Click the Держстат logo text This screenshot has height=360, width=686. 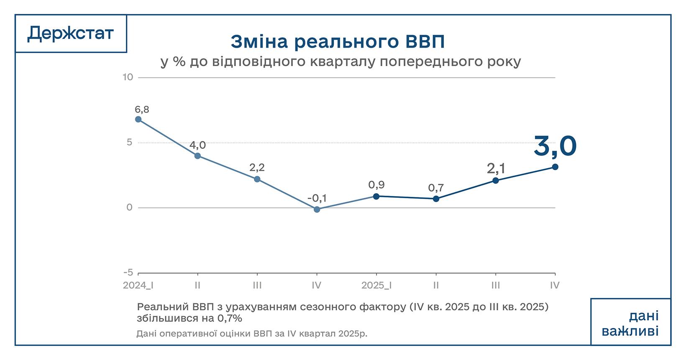coord(70,33)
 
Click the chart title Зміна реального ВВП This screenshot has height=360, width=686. coord(337,42)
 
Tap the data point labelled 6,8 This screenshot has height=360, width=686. coord(138,119)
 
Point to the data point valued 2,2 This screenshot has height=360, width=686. coord(257,179)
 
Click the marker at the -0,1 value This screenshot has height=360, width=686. coord(317,209)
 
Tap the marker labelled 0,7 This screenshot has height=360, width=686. coord(436,199)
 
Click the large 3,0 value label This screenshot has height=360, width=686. coord(555,146)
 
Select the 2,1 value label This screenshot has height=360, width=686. coord(496,169)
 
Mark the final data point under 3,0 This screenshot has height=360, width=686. coord(555,167)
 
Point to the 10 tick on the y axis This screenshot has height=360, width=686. coord(128,77)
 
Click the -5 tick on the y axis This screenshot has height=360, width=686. coord(128,273)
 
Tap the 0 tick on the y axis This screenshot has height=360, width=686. coord(129,208)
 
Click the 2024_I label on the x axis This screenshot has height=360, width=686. coord(138,286)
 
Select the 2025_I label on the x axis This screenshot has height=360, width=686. coord(376,286)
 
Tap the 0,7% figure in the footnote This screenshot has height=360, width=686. coord(230,318)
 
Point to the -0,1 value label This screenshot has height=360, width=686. coord(317,198)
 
